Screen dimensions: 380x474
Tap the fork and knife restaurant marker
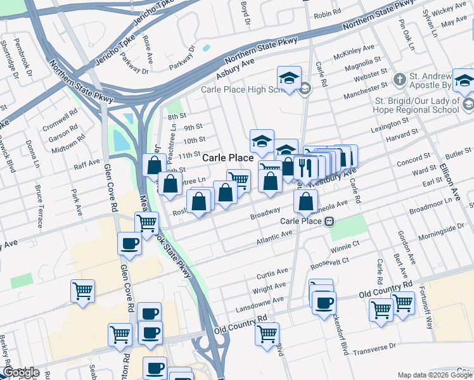click(x=305, y=167)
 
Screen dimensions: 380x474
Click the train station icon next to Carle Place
click(x=330, y=221)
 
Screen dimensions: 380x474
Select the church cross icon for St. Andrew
click(x=399, y=80)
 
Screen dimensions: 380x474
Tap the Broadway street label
click(x=265, y=211)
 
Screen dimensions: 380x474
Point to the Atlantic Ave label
click(x=274, y=237)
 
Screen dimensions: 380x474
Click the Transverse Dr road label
click(x=374, y=349)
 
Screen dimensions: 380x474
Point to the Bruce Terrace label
click(x=39, y=206)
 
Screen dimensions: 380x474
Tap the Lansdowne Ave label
click(x=269, y=301)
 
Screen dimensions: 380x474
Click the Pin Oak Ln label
click(x=406, y=34)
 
